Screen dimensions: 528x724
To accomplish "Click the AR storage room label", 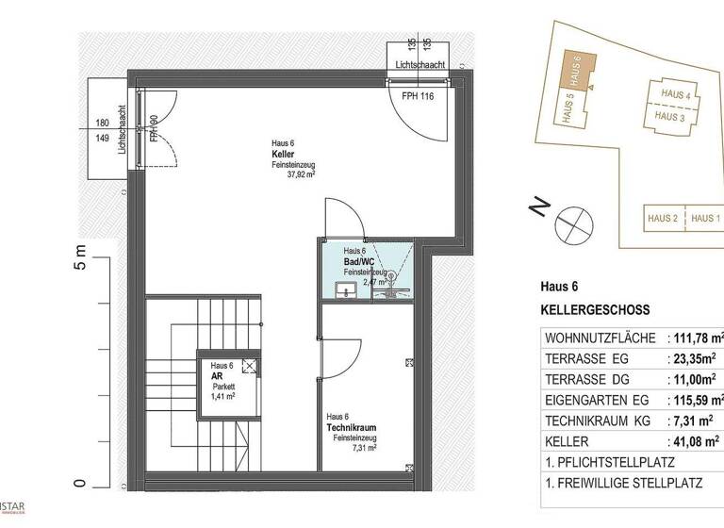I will [216, 375].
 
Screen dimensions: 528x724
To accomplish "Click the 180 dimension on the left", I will [102, 123].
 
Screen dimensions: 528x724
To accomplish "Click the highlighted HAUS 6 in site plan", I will [579, 70].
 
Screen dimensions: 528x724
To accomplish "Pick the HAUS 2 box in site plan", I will [663, 219].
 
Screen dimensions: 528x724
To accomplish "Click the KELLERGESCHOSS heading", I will [595, 309].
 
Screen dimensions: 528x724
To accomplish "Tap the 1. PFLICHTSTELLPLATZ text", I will [610, 462].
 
